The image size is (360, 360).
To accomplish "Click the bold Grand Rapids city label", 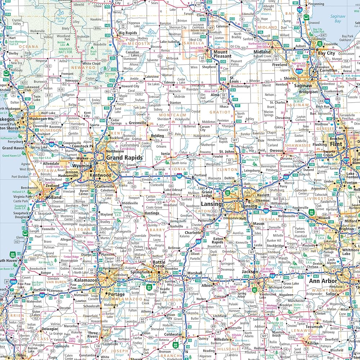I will coord(124,158).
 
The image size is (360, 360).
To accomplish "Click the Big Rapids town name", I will coord(128,33).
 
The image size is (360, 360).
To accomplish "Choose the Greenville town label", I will coord(138,123).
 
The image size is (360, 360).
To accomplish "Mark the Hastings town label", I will coord(152,213).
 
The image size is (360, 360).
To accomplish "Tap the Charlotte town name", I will coord(193,233).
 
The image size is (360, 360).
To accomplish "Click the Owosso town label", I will coord(277,150).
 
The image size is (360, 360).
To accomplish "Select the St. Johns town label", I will coord(227,151).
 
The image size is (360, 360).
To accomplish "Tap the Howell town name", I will coord(324,218).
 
